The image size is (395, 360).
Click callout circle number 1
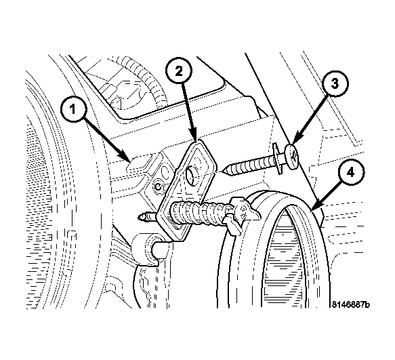pyautogui.click(x=72, y=109)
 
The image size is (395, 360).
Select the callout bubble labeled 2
pyautogui.click(x=179, y=71)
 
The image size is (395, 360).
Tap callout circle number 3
pyautogui.click(x=334, y=83)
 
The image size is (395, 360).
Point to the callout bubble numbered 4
pyautogui.click(x=351, y=173)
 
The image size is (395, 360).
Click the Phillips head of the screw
pyautogui.click(x=292, y=157)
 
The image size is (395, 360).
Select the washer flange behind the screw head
pyautogui.click(x=277, y=159)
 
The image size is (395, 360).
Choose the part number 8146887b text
pyautogui.click(x=351, y=304)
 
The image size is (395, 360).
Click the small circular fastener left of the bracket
pyautogui.click(x=158, y=187)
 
